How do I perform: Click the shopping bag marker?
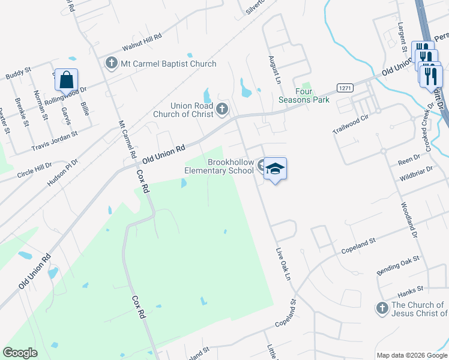coord(67,80)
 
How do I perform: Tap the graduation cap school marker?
coord(274,169)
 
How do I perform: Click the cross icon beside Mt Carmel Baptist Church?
coord(111,62)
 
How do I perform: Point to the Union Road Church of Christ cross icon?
coord(222,109)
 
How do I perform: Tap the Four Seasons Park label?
coord(304,95)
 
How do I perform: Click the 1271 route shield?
coord(344,88)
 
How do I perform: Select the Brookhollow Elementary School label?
coord(218,166)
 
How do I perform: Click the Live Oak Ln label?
coord(283,264)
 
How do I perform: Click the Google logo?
coord(20,353)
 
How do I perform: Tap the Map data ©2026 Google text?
coord(411,355)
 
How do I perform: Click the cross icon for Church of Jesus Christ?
coord(382,308)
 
